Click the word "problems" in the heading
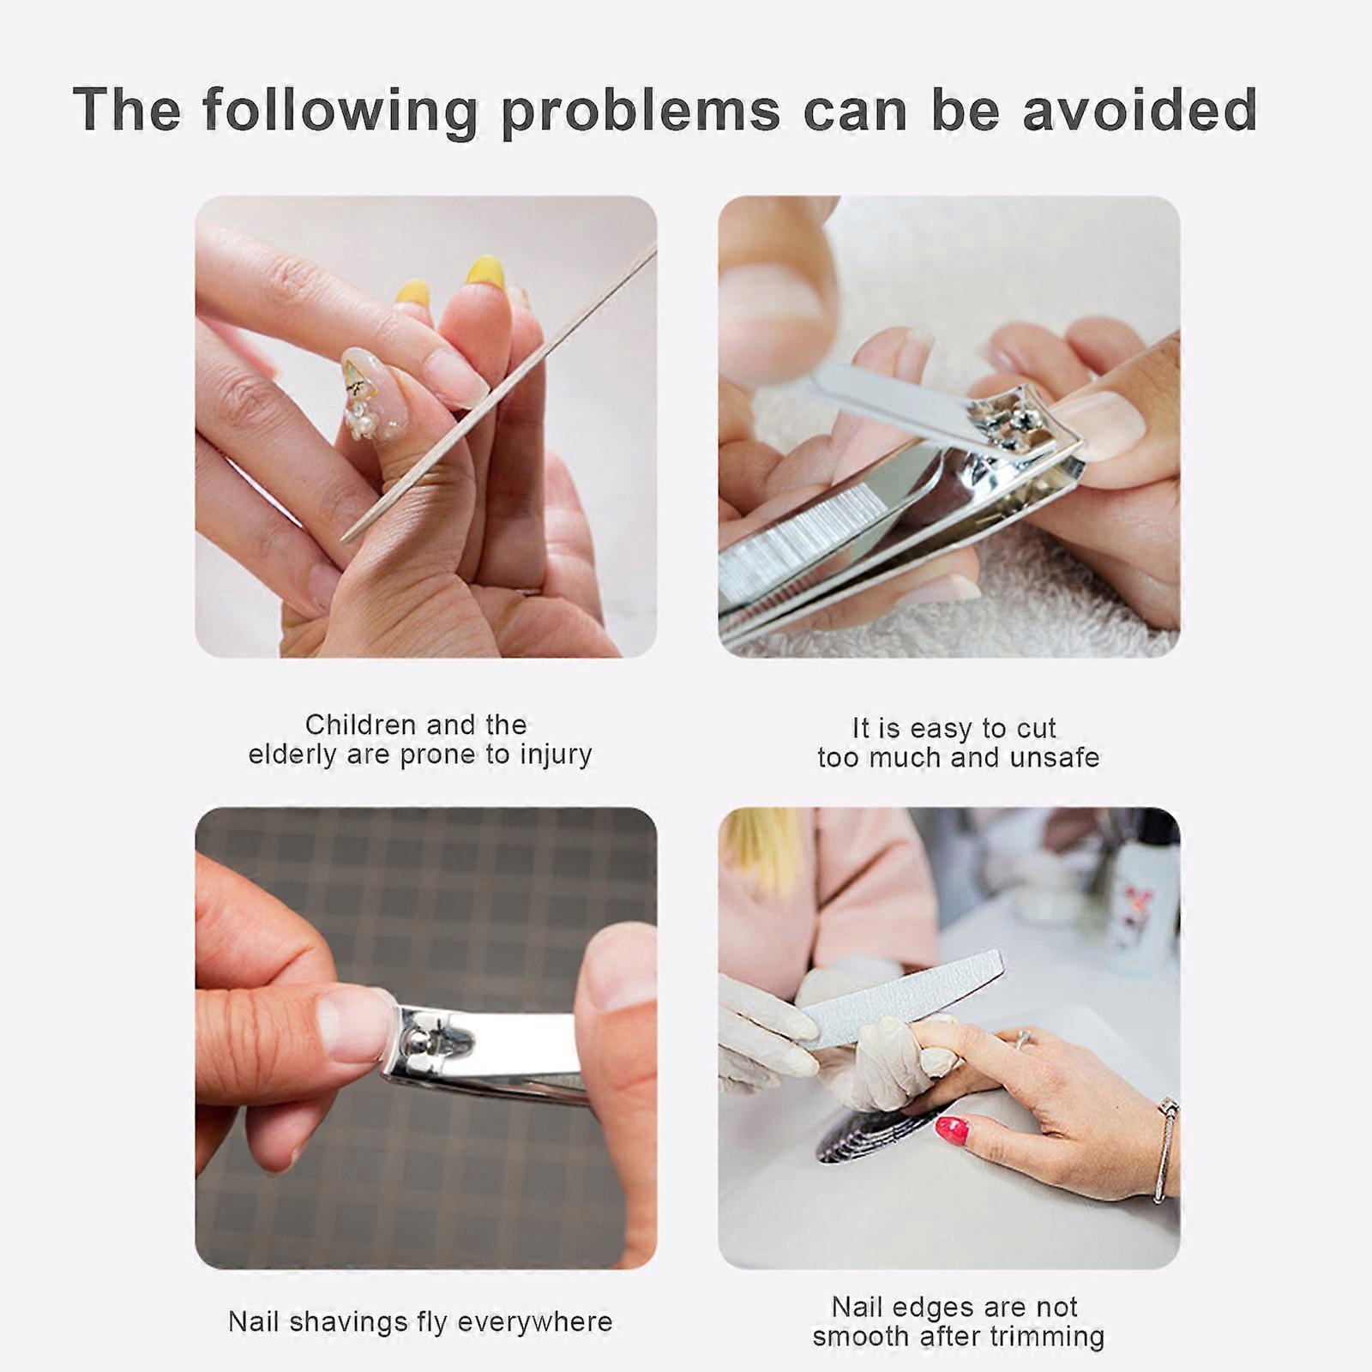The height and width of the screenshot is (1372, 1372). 641,111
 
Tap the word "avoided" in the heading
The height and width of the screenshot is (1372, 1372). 1140,110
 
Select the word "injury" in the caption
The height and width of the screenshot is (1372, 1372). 559,755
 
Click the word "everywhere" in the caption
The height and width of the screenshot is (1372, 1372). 534,1321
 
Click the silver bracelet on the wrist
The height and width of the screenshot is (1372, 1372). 1166,1149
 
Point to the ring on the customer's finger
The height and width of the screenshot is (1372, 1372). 1023,1040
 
